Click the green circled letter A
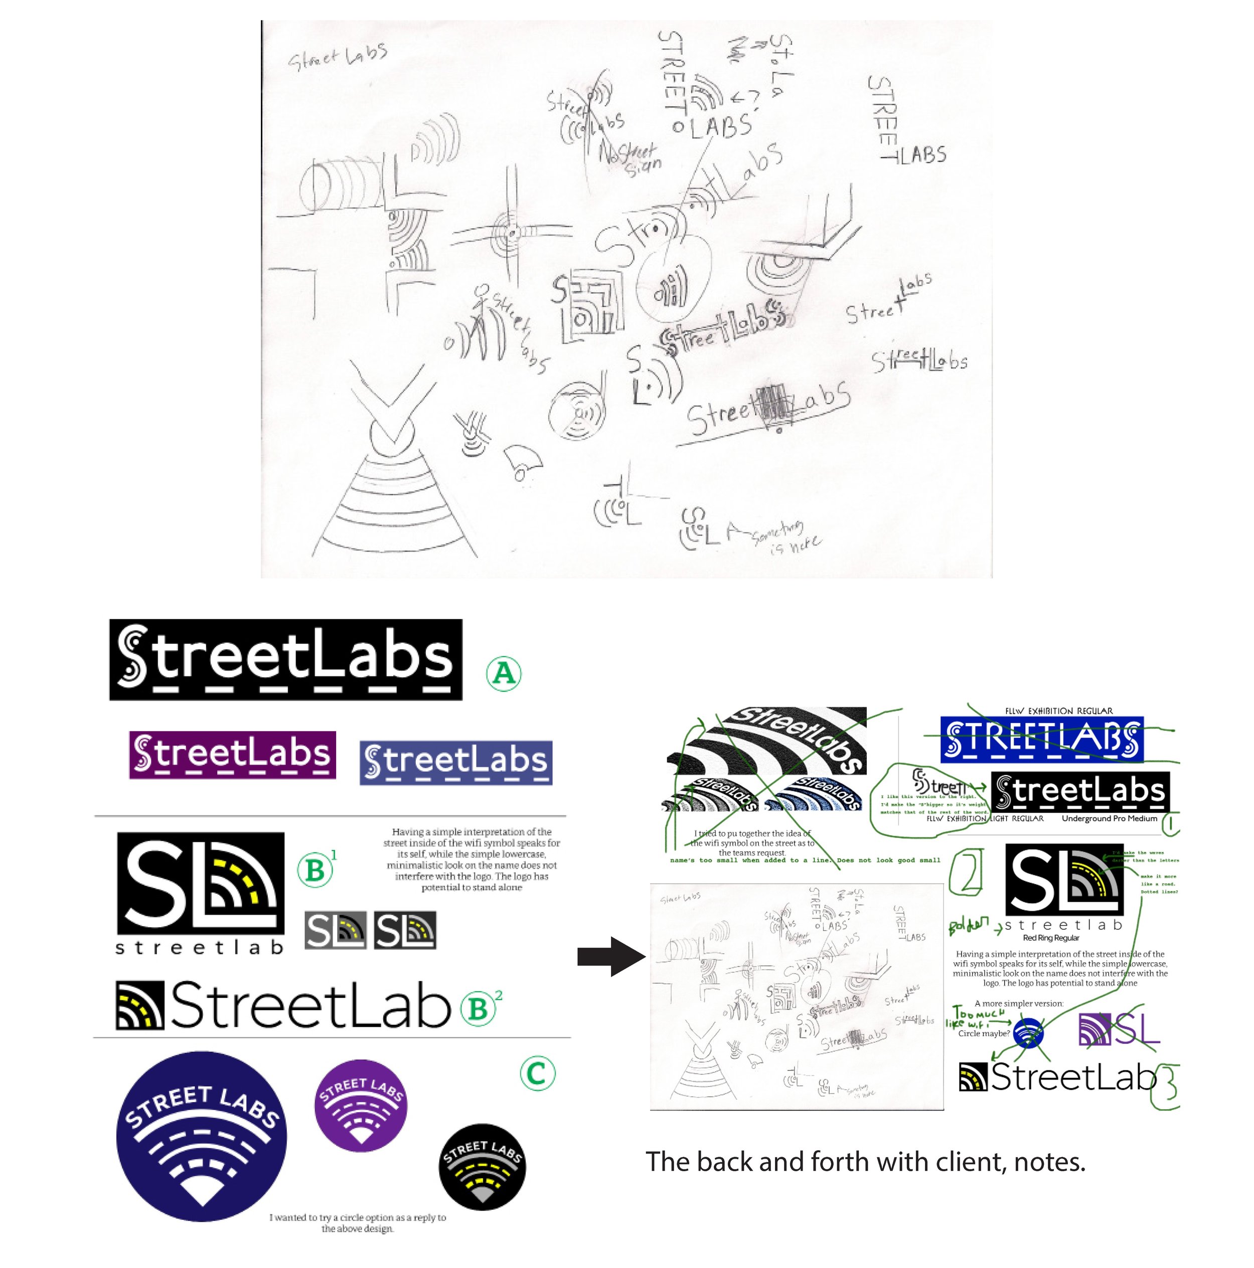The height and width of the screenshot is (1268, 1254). [504, 673]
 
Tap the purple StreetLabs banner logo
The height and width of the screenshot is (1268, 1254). [232, 755]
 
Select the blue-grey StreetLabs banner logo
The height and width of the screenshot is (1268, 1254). [455, 763]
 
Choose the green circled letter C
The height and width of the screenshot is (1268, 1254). [537, 1074]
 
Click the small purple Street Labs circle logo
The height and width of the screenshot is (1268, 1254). [361, 1105]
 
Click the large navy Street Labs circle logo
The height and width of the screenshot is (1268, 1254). [202, 1137]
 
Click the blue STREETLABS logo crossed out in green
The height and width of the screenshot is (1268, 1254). [1041, 740]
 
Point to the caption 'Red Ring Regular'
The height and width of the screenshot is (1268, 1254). [1050, 938]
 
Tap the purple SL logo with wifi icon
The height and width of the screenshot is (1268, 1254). [1119, 1029]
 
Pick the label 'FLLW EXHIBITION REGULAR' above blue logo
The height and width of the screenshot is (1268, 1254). [1058, 711]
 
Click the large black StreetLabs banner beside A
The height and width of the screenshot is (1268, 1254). [285, 660]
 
